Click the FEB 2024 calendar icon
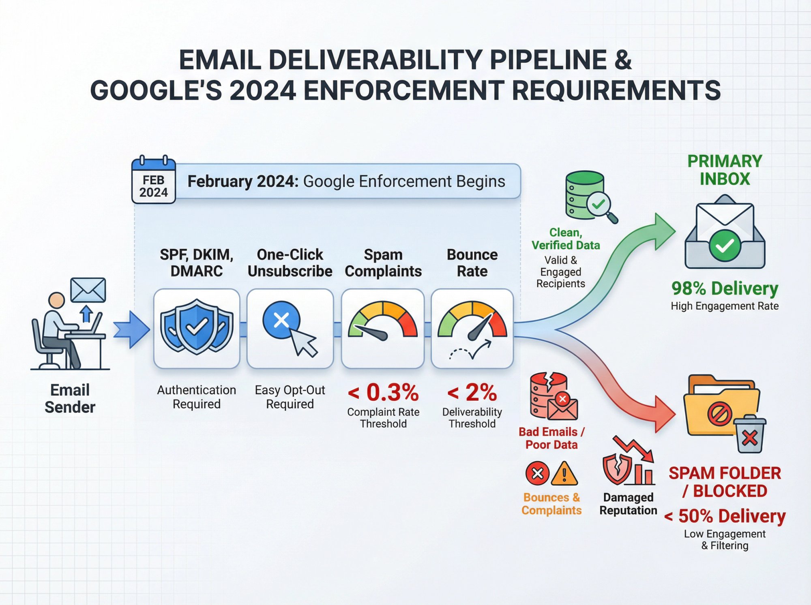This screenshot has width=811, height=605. pos(154,180)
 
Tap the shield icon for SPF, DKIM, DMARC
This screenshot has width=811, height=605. pos(197,327)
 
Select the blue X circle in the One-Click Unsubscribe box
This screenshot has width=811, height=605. pos(281,320)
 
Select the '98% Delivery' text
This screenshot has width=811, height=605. pos(725,289)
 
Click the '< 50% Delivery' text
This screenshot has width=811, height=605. pos(725,516)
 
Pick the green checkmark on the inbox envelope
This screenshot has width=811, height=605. pos(725,245)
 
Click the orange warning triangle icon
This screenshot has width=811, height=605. pos(564,474)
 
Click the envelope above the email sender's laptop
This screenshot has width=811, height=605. pos(88,290)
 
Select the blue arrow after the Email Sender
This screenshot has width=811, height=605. pos(131,329)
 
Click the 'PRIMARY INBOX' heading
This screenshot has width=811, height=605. pos(725,170)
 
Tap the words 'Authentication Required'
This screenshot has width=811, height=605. pos(197,397)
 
